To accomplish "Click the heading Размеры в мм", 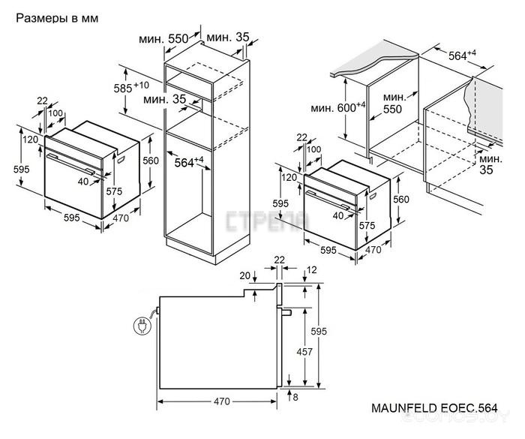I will (55, 17).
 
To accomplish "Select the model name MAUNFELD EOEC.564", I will (434, 408).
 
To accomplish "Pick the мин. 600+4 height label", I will (338, 108).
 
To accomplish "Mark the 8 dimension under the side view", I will (297, 397).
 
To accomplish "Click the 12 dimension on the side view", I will (311, 269).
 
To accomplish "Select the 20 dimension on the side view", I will (245, 275).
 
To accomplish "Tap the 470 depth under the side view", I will (221, 401).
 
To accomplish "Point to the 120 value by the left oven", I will (30, 140).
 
